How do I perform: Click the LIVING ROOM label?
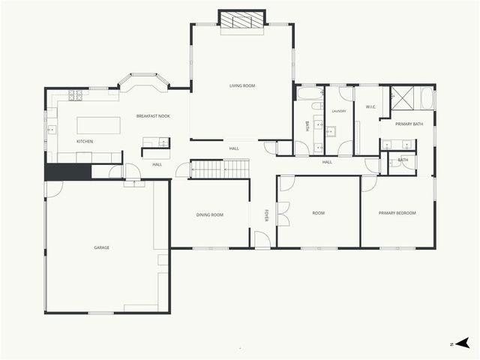(x=242, y=86)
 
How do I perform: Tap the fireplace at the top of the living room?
(x=241, y=20)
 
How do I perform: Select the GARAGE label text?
(x=101, y=247)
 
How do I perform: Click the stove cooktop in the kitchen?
(x=76, y=95)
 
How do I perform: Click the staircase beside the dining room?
(x=218, y=169)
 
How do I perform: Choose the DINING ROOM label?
(x=210, y=215)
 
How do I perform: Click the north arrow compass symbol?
(x=462, y=343)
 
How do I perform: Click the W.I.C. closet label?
(x=370, y=107)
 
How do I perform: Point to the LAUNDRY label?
(x=339, y=111)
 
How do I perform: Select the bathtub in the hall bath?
(x=309, y=94)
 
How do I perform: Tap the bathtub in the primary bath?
(x=427, y=99)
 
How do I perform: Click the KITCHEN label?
(x=85, y=142)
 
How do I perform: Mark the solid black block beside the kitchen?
(x=67, y=172)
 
